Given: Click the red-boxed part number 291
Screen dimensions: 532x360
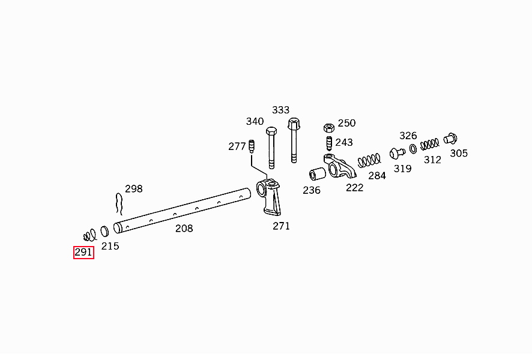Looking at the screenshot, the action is (83, 252).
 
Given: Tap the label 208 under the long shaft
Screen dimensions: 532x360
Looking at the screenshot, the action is (184, 229).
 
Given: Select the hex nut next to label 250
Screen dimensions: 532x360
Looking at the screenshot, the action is (329, 128).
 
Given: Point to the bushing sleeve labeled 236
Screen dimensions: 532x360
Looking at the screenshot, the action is (318, 174).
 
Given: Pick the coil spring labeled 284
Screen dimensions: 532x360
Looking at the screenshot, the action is (369, 160).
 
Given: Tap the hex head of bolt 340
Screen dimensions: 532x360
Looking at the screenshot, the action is (271, 131).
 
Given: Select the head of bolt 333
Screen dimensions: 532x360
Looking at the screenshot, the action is (294, 123).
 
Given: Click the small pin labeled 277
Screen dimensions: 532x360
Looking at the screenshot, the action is (252, 146).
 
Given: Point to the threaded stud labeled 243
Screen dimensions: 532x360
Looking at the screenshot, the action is (329, 143).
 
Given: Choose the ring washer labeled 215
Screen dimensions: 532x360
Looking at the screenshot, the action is (105, 231).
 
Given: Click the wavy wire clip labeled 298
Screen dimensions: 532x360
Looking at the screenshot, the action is (119, 204).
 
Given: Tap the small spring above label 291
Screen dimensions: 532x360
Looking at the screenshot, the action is (90, 235).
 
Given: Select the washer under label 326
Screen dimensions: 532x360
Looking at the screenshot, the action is (413, 149).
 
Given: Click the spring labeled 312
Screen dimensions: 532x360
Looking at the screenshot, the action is (429, 145).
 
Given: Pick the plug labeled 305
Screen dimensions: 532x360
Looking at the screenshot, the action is (450, 139).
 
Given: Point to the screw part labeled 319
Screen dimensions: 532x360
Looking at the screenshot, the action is (397, 153).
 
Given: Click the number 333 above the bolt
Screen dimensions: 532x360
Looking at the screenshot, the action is (280, 110).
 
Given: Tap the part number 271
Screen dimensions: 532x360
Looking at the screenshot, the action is (281, 226).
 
